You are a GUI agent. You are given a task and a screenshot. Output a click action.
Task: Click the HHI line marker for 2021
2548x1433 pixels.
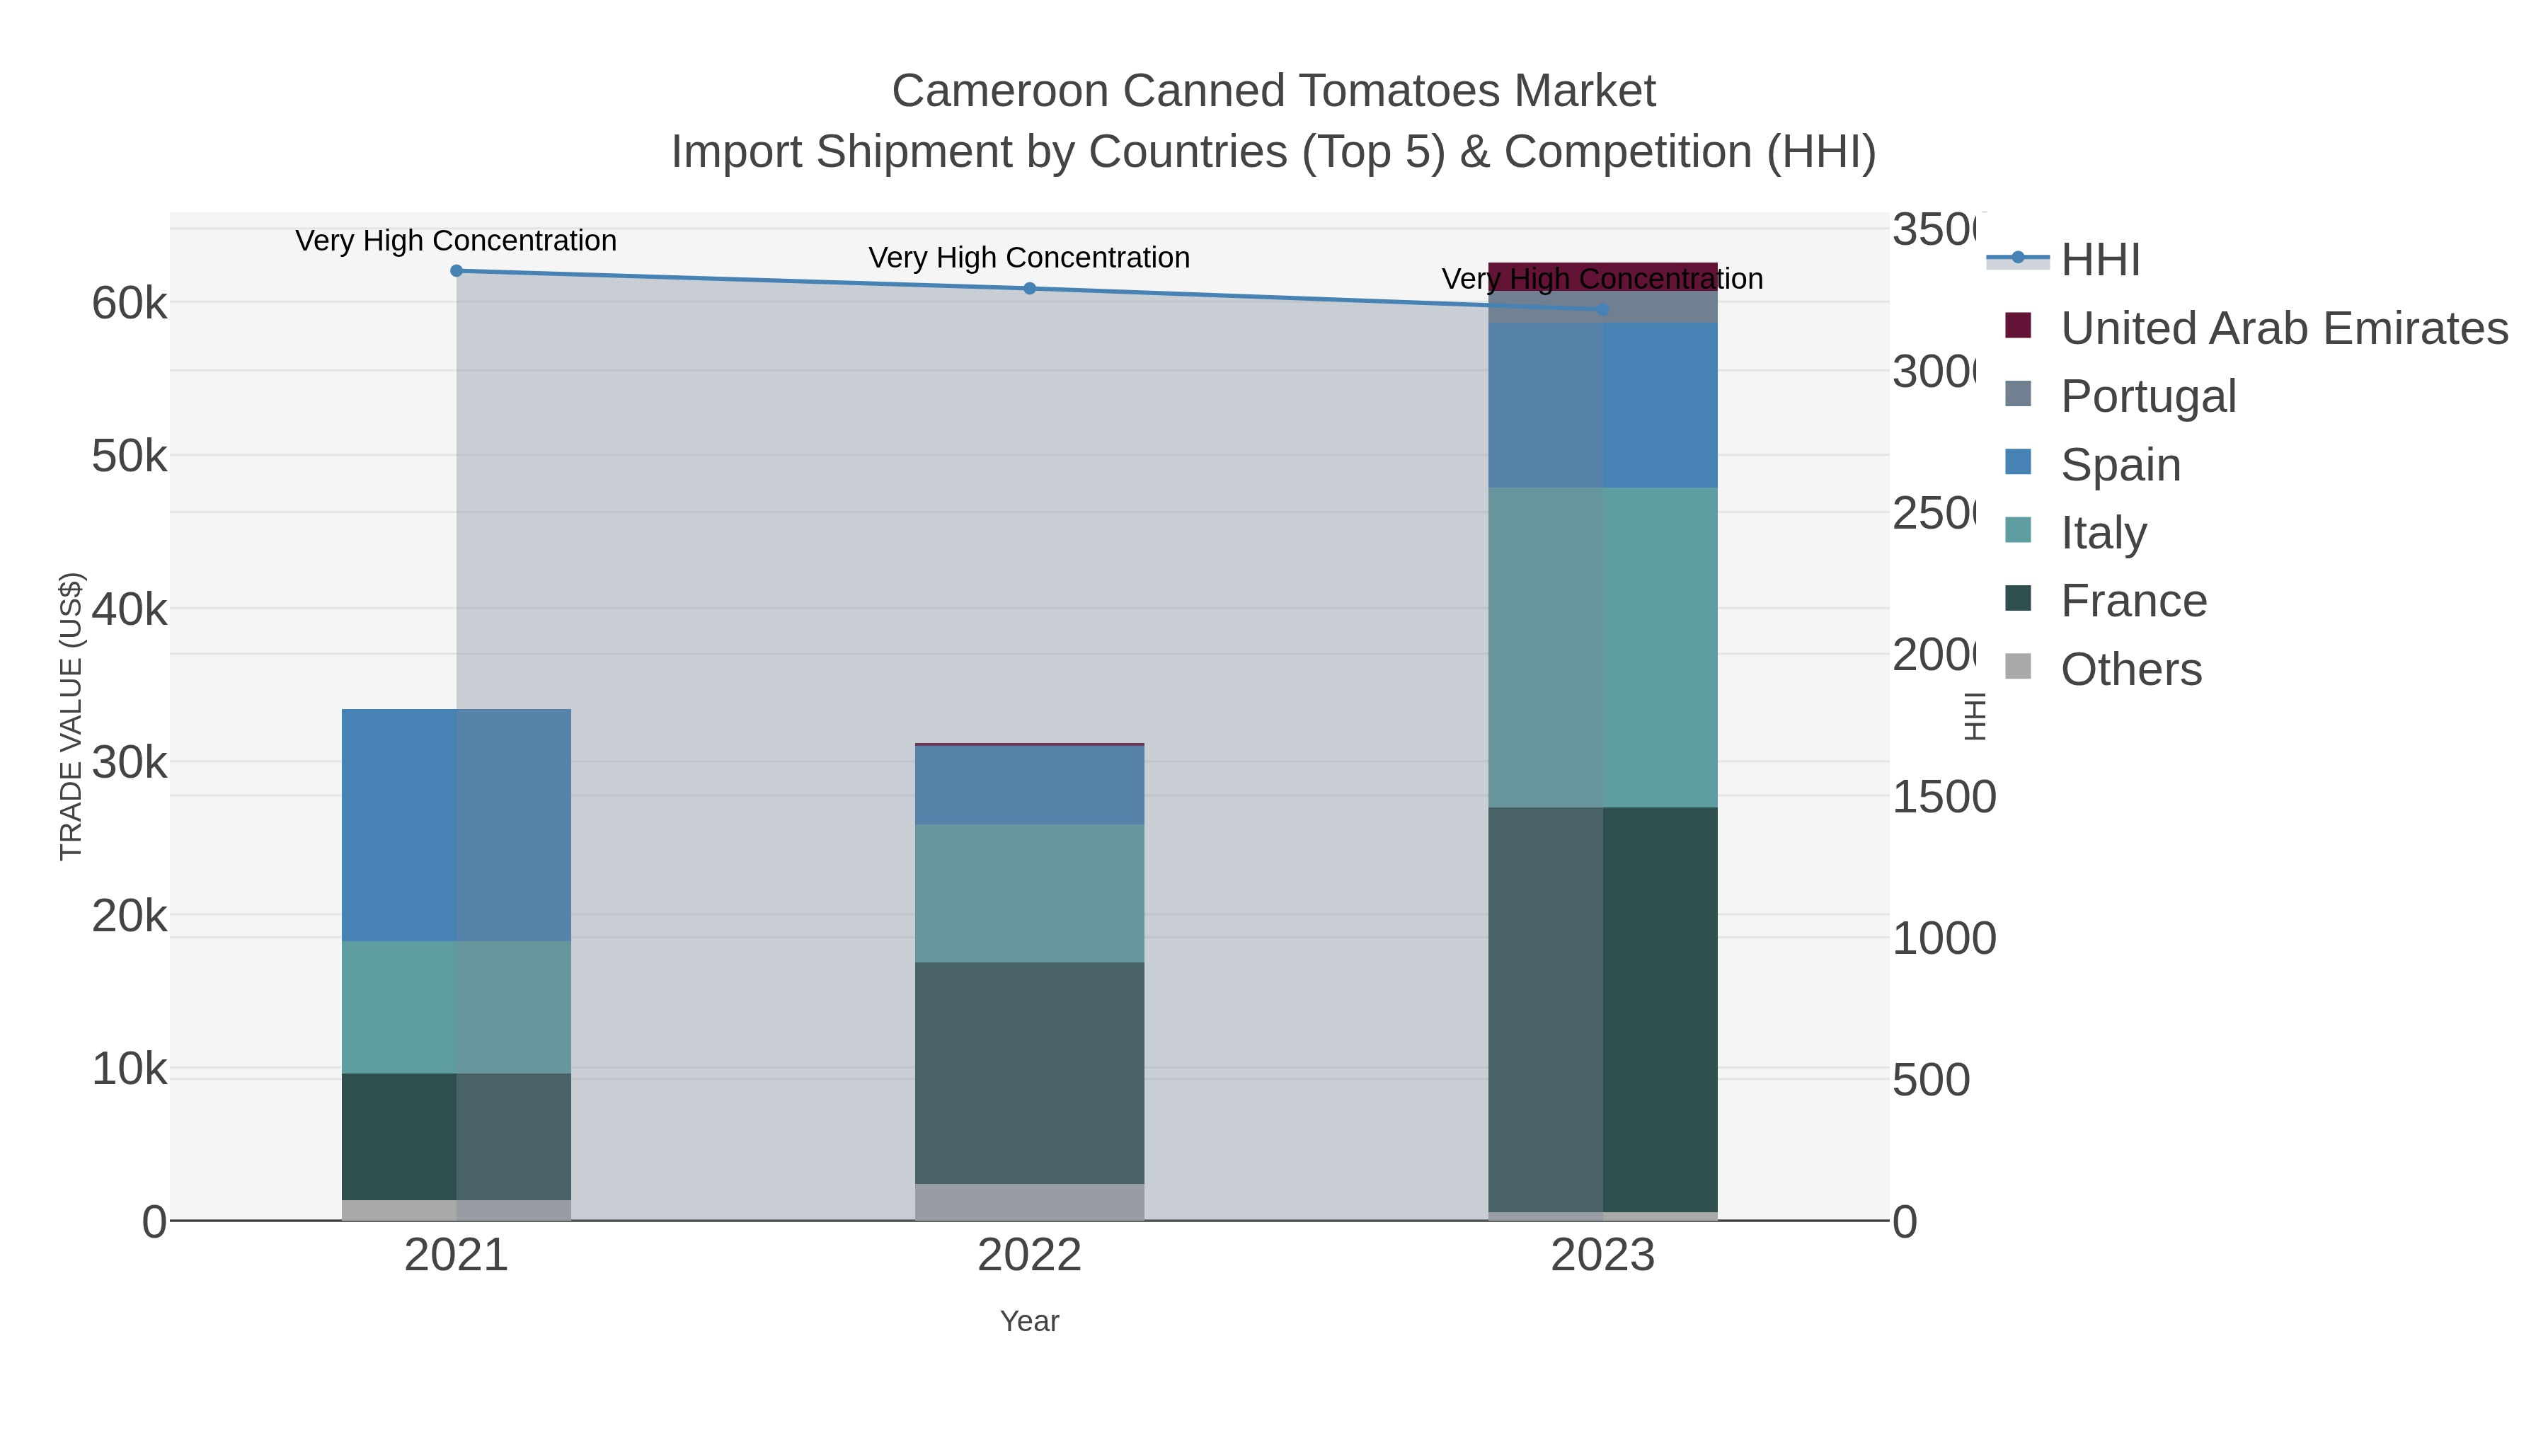[456, 271]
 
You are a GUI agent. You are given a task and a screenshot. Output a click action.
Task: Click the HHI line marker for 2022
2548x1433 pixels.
[1030, 289]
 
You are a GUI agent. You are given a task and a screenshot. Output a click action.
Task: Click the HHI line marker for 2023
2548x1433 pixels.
[1603, 309]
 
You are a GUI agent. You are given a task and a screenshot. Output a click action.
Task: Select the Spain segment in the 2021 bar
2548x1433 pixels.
[456, 825]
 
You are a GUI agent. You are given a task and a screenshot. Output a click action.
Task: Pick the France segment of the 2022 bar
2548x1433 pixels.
[1030, 1072]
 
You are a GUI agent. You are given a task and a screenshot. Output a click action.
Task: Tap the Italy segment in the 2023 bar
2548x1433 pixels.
[1603, 647]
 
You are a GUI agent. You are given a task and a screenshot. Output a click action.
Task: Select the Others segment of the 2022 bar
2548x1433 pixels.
[1030, 1202]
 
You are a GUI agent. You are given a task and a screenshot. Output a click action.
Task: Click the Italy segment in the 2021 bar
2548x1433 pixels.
[456, 1007]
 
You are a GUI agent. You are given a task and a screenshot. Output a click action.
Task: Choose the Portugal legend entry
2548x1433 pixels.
[2147, 396]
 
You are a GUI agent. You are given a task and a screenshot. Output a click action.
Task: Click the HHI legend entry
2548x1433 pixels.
[2100, 260]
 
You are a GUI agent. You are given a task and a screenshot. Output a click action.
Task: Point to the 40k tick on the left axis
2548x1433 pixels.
[130, 609]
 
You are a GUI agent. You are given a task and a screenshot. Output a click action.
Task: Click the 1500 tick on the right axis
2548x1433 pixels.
[1944, 797]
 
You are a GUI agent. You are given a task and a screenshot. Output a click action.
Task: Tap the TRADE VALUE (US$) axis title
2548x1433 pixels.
[71, 716]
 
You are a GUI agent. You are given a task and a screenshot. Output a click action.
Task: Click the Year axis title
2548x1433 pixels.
[1030, 1321]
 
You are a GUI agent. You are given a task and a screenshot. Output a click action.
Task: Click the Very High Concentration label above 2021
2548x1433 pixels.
[456, 241]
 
